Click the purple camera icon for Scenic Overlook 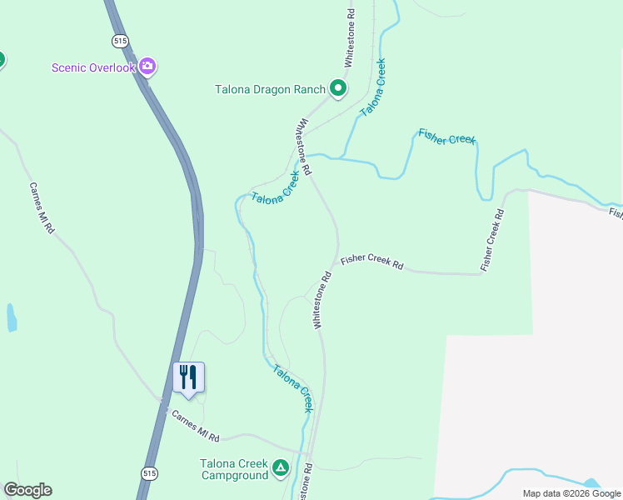tap(147, 67)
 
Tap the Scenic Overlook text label tap(92, 67)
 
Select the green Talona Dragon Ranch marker tap(338, 88)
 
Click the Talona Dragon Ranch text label tap(270, 89)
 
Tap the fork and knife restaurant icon tap(188, 377)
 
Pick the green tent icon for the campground tap(282, 470)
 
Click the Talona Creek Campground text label tap(233, 470)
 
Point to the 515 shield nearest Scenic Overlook tap(120, 40)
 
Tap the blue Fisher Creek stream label tap(446, 137)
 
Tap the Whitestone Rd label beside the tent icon tap(308, 482)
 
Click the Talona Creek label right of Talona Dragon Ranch tap(372, 87)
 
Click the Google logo tap(27, 490)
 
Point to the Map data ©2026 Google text tap(571, 493)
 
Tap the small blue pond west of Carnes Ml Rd tap(11, 317)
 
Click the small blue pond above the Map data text tap(591, 482)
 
